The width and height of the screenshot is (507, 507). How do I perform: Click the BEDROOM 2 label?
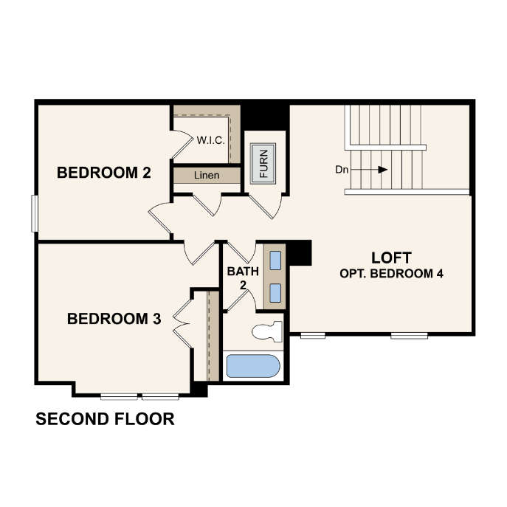[104, 173]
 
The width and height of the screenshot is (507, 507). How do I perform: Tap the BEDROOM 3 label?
[114, 319]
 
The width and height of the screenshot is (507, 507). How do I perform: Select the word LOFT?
[391, 258]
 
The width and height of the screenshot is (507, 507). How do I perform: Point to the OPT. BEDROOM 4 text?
[391, 274]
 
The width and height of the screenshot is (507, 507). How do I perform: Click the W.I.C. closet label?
[211, 140]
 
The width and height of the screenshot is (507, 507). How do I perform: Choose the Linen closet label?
[207, 175]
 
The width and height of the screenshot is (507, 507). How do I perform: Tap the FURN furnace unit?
[263, 164]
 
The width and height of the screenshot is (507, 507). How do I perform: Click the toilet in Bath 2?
[267, 331]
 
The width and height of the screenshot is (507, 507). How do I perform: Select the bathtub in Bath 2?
[253, 366]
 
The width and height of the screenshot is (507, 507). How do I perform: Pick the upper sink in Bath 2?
[275, 261]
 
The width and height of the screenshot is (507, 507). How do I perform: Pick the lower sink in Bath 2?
[275, 293]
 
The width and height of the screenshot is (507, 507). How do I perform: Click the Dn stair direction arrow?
[368, 170]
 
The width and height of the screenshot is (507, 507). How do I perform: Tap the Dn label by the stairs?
[342, 170]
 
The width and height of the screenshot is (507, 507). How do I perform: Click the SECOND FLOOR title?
[105, 419]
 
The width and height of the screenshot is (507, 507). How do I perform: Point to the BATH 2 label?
[243, 278]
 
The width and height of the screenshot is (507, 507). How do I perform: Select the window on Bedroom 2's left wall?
[34, 213]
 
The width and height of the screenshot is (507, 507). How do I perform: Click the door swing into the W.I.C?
[182, 144]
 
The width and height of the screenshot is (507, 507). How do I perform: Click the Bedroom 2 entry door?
[160, 218]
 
